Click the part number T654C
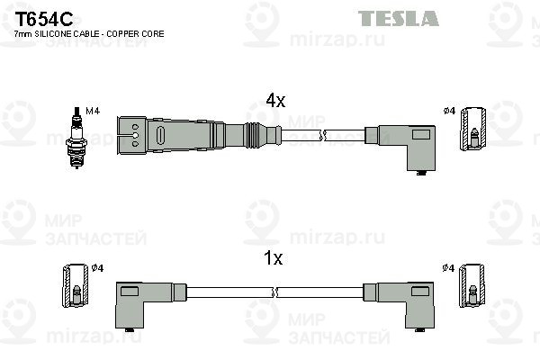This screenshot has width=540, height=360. click(x=44, y=19)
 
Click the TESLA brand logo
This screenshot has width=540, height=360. click(x=398, y=18)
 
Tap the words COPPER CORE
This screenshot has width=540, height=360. click(x=135, y=34)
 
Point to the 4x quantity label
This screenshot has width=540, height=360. click(x=275, y=101)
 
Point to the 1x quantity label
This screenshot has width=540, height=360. click(x=273, y=258)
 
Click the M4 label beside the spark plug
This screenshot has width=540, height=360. click(x=93, y=111)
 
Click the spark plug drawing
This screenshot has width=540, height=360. click(x=76, y=138)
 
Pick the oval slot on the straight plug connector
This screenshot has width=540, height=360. click(x=160, y=135)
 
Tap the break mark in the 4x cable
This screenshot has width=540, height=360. click(x=323, y=135)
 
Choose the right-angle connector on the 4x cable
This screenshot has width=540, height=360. click(x=400, y=148)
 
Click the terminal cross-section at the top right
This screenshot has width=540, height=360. click(x=473, y=129)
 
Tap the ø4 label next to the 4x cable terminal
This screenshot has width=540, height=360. click(x=450, y=111)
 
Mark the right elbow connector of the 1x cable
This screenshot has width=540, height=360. click(x=399, y=305)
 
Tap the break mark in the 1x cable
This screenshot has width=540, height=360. click(x=274, y=292)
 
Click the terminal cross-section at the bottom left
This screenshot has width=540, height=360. click(x=76, y=286)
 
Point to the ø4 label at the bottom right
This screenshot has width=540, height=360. click(x=449, y=267)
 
